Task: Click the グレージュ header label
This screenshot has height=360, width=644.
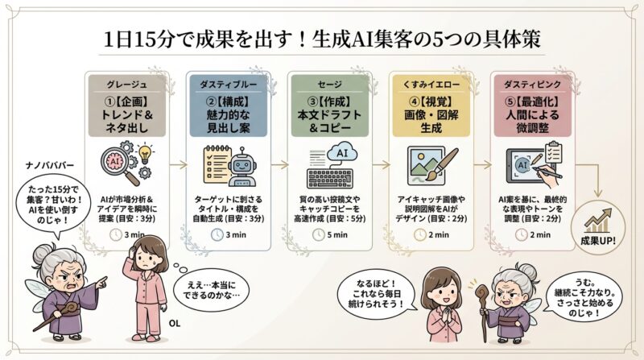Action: click(x=125, y=83)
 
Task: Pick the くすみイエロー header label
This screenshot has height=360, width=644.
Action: click(x=430, y=83)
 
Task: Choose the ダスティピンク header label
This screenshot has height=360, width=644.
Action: click(x=530, y=83)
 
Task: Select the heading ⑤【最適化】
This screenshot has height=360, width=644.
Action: click(x=531, y=102)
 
